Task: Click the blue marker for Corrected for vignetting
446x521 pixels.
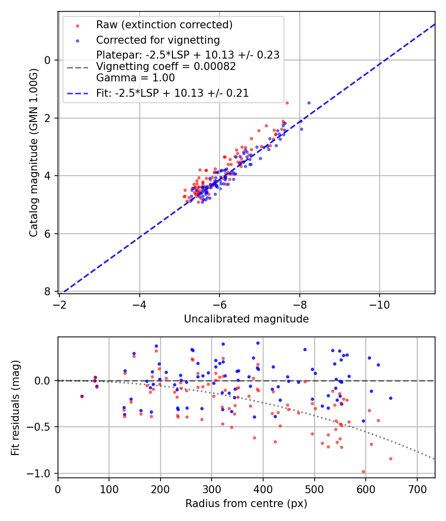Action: pyautogui.click(x=76, y=40)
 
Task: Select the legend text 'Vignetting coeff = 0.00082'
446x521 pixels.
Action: pyautogui.click(x=166, y=66)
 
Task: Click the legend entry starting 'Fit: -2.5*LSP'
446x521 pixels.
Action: pyautogui.click(x=172, y=93)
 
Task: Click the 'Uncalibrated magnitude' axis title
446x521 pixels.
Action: pyautogui.click(x=246, y=319)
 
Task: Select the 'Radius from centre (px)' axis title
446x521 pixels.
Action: pyautogui.click(x=246, y=504)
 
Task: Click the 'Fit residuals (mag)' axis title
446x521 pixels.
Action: pyautogui.click(x=16, y=408)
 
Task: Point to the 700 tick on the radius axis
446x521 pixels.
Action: pyautogui.click(x=417, y=489)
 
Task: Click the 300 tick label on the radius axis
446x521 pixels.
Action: pyautogui.click(x=212, y=489)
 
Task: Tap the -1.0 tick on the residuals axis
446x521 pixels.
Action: pyautogui.click(x=43, y=473)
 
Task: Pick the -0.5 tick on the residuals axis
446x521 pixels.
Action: pyautogui.click(x=43, y=427)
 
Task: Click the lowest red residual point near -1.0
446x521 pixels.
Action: pyautogui.click(x=363, y=472)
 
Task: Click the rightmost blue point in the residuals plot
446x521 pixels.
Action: pyautogui.click(x=390, y=398)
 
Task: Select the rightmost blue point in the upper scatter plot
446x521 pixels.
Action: pyautogui.click(x=309, y=103)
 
